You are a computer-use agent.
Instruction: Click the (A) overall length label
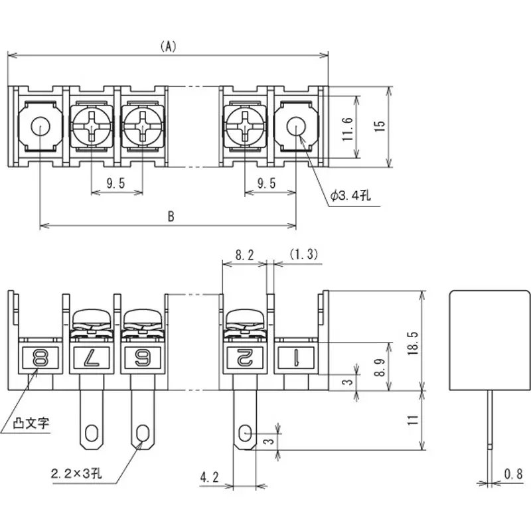point(169,46)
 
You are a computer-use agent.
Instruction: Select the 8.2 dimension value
point(244,254)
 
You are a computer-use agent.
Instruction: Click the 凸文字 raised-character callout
point(33,423)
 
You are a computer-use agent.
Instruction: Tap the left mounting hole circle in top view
point(40,125)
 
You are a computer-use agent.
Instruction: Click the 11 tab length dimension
point(412,419)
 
